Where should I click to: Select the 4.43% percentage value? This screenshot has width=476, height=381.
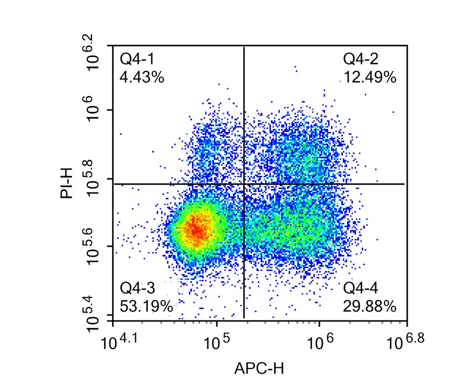point(142,78)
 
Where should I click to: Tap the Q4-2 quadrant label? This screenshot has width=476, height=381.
point(361,58)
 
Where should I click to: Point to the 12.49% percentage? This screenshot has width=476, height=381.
point(370,78)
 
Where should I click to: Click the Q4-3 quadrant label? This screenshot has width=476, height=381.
point(138,288)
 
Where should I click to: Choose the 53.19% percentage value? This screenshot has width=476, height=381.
point(146,306)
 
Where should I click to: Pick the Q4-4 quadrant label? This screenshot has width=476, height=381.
point(361,288)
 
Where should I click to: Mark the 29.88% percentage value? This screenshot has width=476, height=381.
point(370,306)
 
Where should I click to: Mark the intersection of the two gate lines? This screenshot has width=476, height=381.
point(244,184)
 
